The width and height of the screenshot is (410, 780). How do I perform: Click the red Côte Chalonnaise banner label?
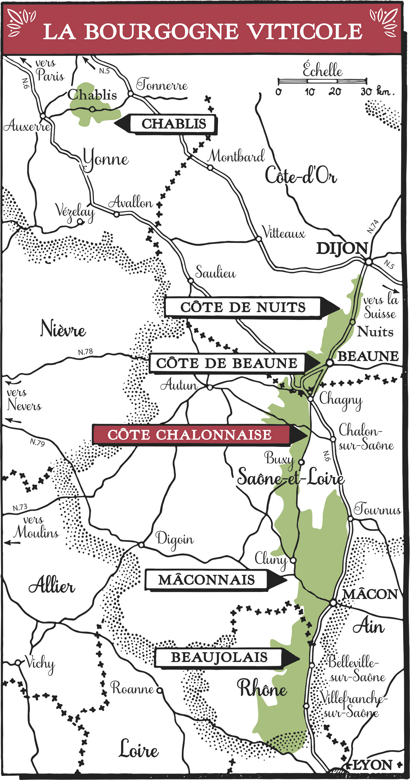(190, 435)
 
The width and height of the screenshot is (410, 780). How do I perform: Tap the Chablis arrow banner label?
(174, 124)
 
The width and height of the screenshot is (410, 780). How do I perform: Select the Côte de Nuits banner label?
(243, 307)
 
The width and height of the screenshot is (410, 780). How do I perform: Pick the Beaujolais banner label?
(219, 657)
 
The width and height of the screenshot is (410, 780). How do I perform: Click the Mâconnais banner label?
(206, 580)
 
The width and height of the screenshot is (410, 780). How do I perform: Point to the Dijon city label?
(342, 249)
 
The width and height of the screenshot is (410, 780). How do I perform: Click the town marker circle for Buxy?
(301, 462)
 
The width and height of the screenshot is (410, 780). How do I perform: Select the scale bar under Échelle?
(322, 81)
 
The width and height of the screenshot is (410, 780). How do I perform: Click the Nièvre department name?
(63, 329)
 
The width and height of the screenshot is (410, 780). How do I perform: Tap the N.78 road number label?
(85, 352)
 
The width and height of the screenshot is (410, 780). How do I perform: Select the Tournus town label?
(377, 510)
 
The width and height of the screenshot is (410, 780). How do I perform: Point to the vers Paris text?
(50, 70)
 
